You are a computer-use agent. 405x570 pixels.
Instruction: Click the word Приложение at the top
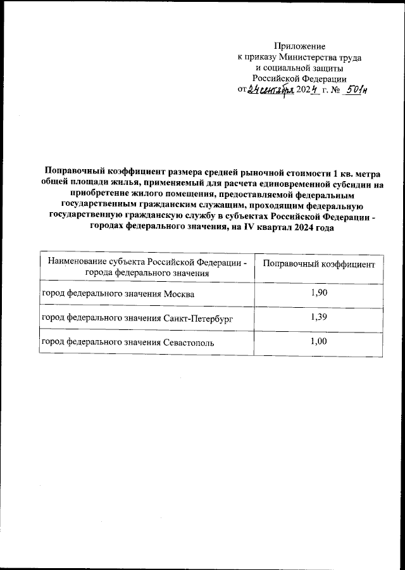[299, 46]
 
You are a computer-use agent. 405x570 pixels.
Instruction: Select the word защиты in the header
[327, 68]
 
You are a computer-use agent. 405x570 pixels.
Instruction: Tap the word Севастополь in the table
[187, 343]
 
